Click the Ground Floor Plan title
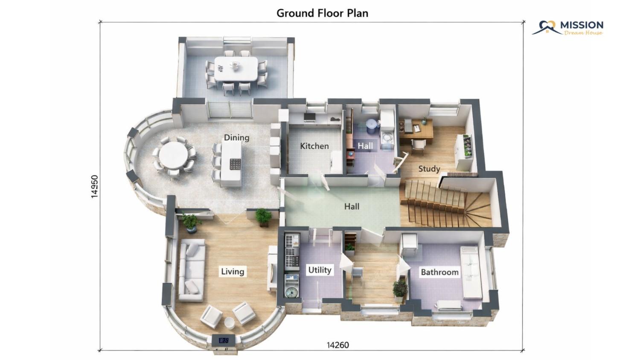322,13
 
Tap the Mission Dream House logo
568,28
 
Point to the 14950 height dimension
95,186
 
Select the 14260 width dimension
338,345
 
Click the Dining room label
236,137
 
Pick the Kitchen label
314,146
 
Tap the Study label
429,168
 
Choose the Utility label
320,270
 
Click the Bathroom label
440,272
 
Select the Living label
233,271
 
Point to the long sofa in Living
192,270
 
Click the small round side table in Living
229,323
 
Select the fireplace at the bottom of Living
224,340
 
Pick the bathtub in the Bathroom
471,272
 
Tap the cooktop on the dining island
235,164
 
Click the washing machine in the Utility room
291,292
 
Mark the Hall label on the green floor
352,206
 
